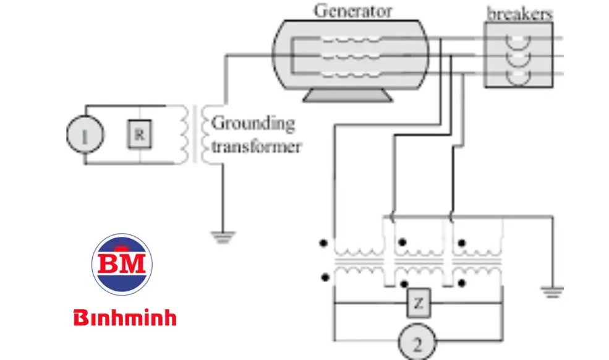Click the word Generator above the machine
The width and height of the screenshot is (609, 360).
point(352,11)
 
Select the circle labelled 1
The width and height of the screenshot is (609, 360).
point(85,134)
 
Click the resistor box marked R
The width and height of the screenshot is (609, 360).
point(139,135)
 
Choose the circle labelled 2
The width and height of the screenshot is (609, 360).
point(417,341)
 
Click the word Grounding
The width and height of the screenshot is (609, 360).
point(253,123)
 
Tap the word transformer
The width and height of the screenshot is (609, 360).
point(256,147)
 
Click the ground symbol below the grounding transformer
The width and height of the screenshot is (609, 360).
point(219,235)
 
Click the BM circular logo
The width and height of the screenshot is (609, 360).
point(122,264)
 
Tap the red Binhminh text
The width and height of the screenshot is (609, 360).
point(125,318)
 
